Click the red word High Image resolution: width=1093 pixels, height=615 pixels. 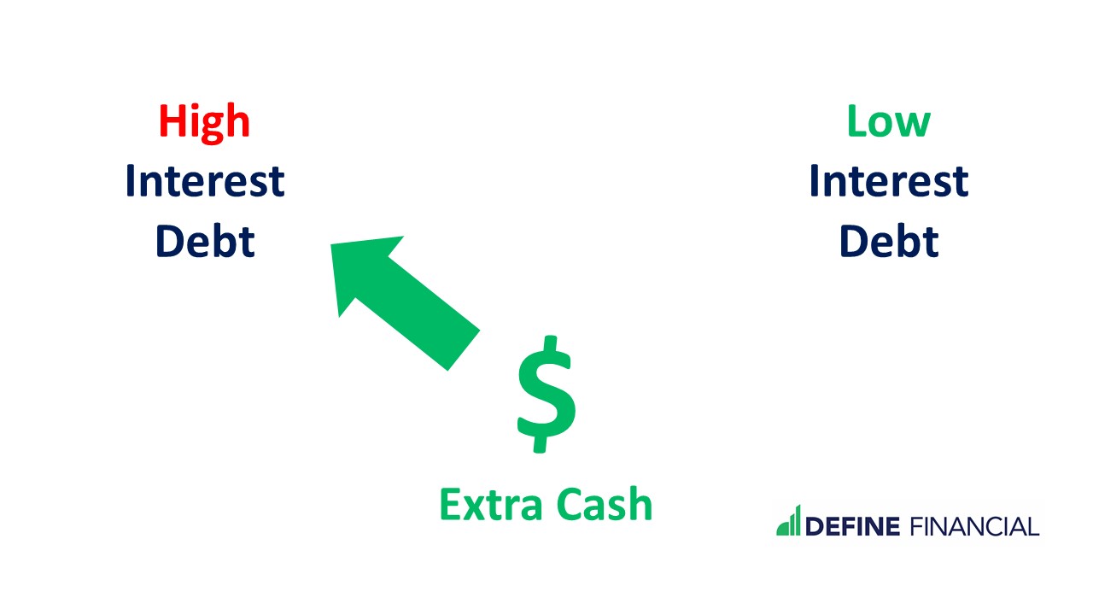[x=204, y=122]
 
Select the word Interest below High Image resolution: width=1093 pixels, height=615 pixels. [x=205, y=181]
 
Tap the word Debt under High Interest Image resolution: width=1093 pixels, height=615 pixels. [x=205, y=241]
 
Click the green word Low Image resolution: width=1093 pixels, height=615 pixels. [x=888, y=122]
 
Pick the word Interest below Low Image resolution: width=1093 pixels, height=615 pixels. [x=888, y=181]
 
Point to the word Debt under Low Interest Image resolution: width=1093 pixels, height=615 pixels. [x=888, y=241]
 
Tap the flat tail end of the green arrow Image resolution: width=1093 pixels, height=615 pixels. [x=463, y=349]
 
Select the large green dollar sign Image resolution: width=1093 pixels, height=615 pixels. [x=546, y=395]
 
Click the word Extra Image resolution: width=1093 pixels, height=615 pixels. [x=491, y=505]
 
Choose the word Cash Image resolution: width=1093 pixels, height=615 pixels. [x=605, y=505]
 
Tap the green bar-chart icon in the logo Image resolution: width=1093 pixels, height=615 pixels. [x=788, y=520]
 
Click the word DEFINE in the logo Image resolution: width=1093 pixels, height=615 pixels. [x=852, y=526]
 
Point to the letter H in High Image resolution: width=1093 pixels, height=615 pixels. [x=172, y=122]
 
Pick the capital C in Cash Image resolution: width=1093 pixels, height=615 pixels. [x=569, y=505]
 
